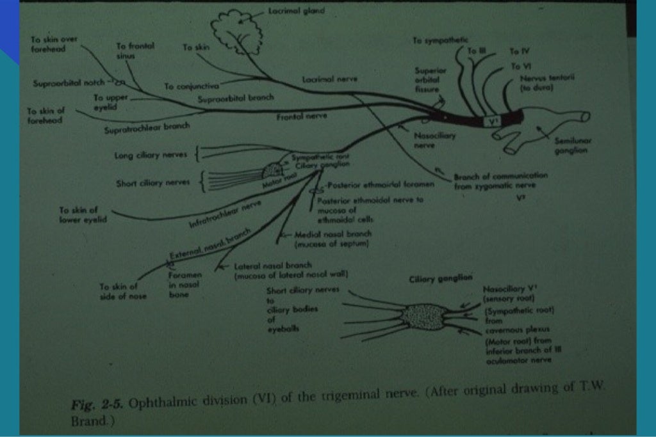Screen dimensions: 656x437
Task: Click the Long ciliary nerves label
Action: [152, 155]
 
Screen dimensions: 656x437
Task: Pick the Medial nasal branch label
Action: [332, 238]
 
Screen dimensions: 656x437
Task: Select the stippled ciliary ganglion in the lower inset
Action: [423, 317]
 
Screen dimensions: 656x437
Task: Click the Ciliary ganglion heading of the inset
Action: [441, 278]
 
